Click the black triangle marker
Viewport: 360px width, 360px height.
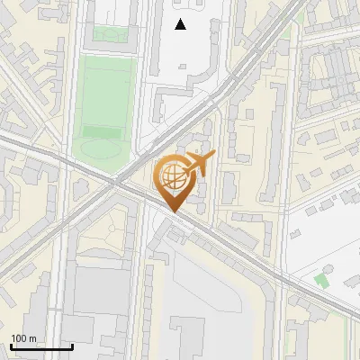click(x=181, y=24)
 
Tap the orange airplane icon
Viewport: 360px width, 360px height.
click(x=201, y=164)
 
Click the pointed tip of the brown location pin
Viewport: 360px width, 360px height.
click(x=173, y=212)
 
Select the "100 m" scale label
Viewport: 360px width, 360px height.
click(x=23, y=338)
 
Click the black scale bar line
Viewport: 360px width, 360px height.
click(x=41, y=346)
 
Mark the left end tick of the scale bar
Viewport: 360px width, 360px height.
click(x=11, y=345)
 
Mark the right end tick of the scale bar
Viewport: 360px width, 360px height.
click(x=72, y=345)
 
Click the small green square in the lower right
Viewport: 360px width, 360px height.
click(x=321, y=280)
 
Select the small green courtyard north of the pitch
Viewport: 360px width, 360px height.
click(x=108, y=35)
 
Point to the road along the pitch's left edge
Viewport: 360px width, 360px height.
click(x=72, y=99)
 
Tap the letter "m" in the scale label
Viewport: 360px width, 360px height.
click(x=32, y=338)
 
